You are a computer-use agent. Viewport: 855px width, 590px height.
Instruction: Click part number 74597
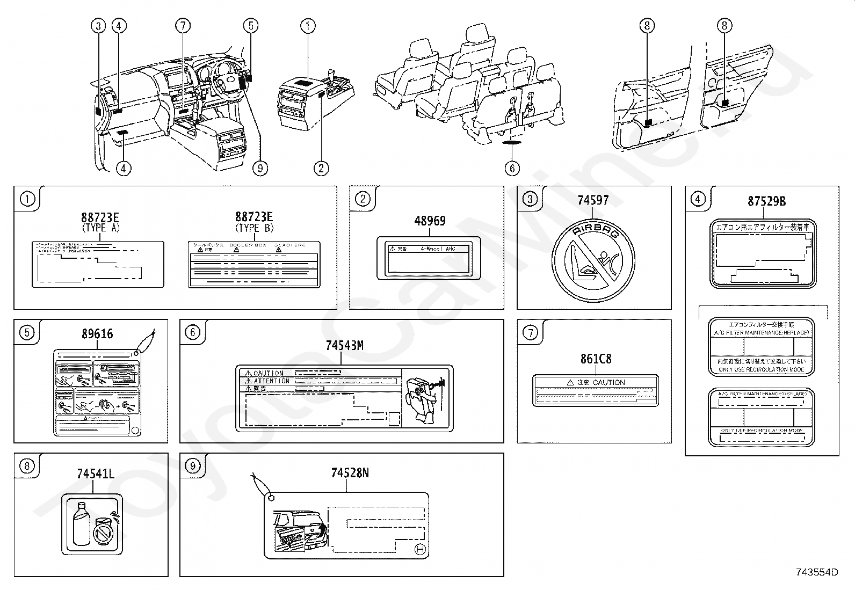tap(593, 200)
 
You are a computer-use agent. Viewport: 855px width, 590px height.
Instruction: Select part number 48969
tap(430, 221)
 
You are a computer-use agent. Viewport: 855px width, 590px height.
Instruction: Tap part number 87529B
tap(766, 201)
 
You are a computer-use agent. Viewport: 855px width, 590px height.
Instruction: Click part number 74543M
tap(344, 346)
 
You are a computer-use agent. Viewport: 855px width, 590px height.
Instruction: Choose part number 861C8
tap(596, 359)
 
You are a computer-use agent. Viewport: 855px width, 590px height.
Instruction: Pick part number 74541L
tap(95, 474)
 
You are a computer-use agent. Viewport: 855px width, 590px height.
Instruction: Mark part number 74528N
tap(350, 473)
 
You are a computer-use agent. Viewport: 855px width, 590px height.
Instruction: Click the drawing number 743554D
tap(817, 572)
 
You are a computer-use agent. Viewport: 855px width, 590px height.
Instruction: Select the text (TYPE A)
tap(100, 227)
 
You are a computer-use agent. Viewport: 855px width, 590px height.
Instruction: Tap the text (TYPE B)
tap(254, 227)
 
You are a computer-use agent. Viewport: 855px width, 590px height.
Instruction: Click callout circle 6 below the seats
tap(512, 168)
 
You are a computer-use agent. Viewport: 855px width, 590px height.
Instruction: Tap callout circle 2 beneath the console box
tap(321, 168)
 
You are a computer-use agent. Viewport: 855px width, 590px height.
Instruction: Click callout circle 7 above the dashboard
tap(183, 25)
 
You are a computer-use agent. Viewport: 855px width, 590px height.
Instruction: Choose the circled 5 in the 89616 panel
tap(27, 333)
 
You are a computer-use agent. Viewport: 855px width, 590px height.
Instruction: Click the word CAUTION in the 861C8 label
tap(609, 382)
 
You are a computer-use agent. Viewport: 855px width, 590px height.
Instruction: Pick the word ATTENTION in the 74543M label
tap(272, 381)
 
